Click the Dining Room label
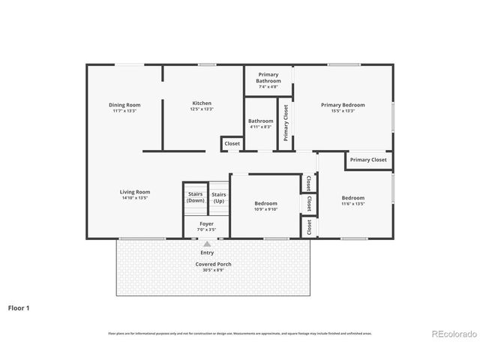124,105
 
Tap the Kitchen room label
202,103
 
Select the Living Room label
135,192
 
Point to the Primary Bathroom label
268,77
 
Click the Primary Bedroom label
343,105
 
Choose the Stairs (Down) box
195,197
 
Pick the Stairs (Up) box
219,197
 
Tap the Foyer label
206,224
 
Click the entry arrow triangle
207,244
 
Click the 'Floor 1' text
19,307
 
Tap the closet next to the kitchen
232,143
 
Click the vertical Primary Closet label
286,123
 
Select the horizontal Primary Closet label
368,160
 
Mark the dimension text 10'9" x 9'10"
265,210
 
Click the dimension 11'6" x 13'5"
352,203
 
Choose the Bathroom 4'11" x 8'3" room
261,124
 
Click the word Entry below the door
207,253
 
